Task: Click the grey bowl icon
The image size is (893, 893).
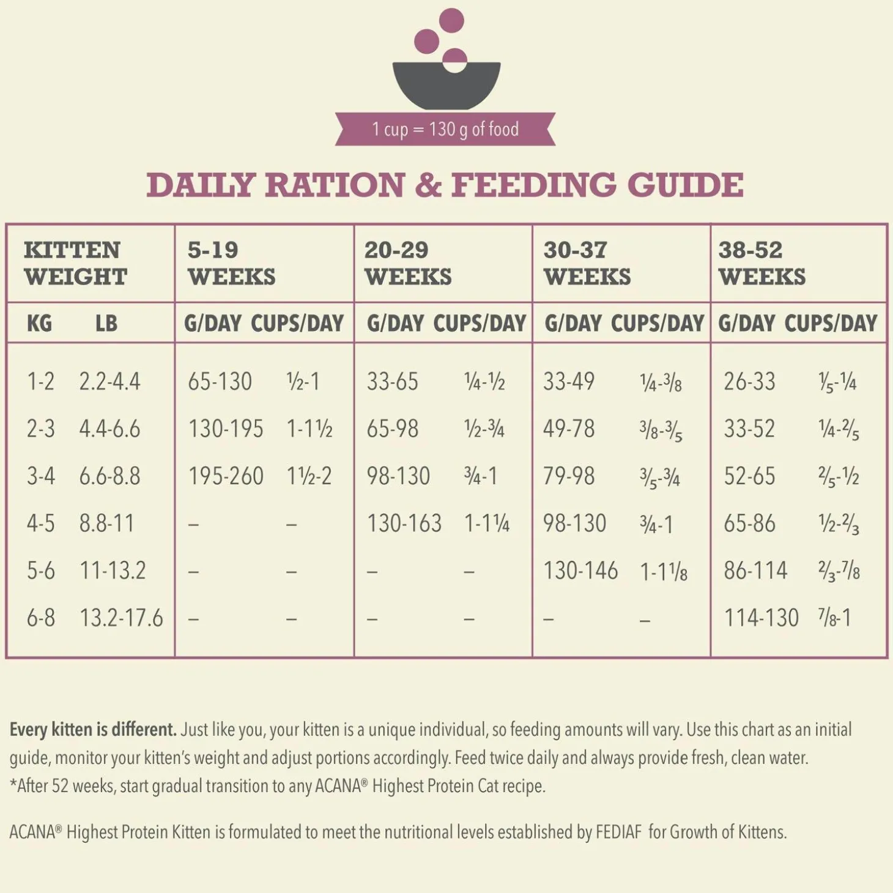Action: point(446,86)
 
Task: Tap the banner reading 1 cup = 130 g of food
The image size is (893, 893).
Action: point(445,129)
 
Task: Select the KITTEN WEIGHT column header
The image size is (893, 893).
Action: point(75,263)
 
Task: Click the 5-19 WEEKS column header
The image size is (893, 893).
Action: point(231,263)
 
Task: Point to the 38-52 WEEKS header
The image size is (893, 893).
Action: point(761,263)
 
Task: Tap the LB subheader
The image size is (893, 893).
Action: point(106,323)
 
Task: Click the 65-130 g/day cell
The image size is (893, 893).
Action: point(220,382)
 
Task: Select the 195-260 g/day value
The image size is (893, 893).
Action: point(225,476)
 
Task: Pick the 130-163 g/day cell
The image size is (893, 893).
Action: point(404,524)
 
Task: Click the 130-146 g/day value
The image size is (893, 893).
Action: point(580,571)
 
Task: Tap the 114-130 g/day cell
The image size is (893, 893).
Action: point(761,618)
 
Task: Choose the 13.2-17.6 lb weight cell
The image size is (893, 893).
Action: point(121,618)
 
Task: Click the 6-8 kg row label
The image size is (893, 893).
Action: point(40,618)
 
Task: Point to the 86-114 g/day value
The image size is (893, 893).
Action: point(755,571)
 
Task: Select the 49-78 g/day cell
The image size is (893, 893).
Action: point(569,429)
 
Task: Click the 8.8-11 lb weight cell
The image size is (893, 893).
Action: point(106,524)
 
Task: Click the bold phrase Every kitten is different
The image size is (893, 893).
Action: point(93,730)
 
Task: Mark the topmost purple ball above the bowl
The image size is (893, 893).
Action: point(451,20)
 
